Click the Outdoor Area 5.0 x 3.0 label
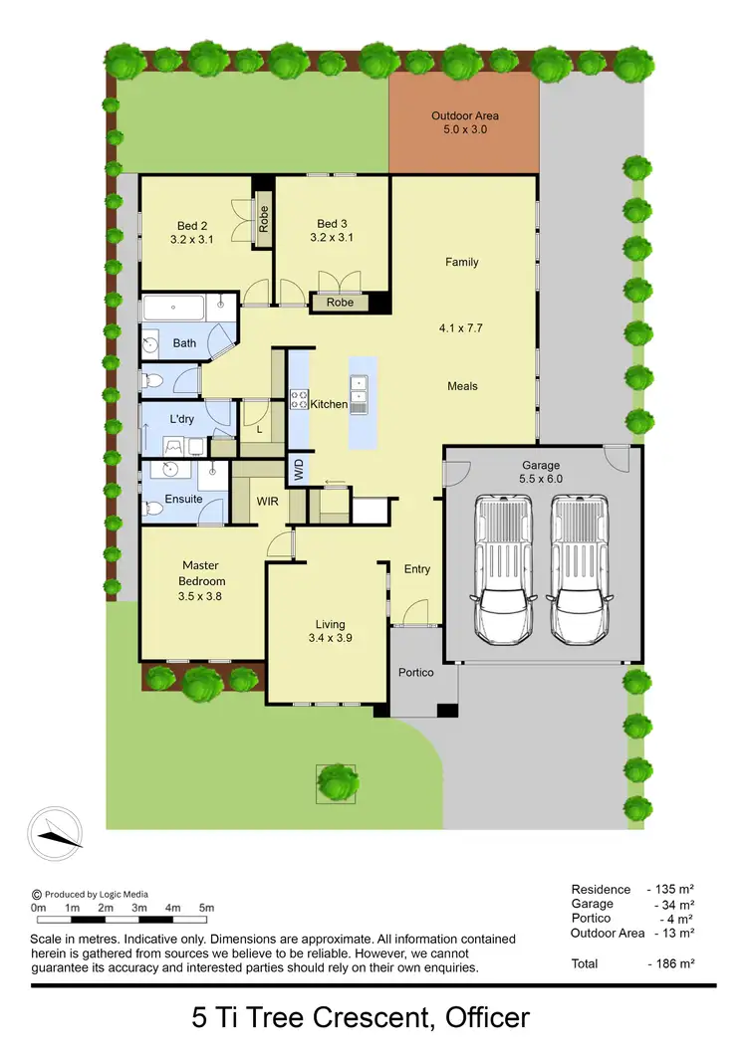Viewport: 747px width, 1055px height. point(465,122)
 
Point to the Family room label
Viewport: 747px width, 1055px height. point(461,263)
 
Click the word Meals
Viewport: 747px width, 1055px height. point(462,386)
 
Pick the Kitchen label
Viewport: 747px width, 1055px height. point(329,404)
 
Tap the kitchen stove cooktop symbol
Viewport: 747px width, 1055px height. point(299,399)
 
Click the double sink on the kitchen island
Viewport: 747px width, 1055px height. point(359,392)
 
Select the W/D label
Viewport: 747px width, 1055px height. point(298,467)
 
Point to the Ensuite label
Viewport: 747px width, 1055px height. point(183,499)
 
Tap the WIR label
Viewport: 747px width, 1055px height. point(266,501)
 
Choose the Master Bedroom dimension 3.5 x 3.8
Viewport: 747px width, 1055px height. point(200,597)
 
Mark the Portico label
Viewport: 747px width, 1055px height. point(416,673)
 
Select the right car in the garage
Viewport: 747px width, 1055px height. point(580,569)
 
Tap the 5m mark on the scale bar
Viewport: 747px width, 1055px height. point(207,908)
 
